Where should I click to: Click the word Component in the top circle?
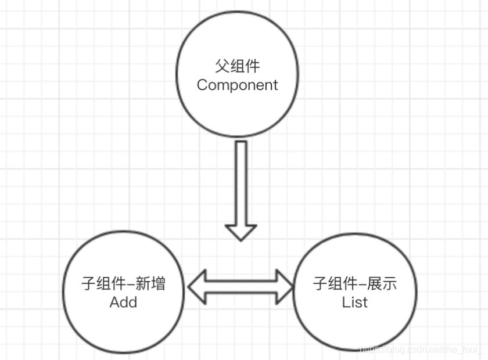click(237, 85)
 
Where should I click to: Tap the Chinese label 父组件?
click(237, 66)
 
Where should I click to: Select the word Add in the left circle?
click(123, 302)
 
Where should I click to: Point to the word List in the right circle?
click(354, 302)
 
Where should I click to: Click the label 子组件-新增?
click(123, 284)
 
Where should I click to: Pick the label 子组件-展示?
click(355, 284)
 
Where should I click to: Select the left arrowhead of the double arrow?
click(196, 286)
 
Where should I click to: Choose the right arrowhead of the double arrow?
click(285, 286)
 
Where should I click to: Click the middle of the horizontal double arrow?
click(241, 286)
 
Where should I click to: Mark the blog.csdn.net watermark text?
click(421, 350)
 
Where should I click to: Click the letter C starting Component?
click(203, 85)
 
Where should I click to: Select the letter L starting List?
click(345, 302)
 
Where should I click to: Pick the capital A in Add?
click(114, 302)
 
